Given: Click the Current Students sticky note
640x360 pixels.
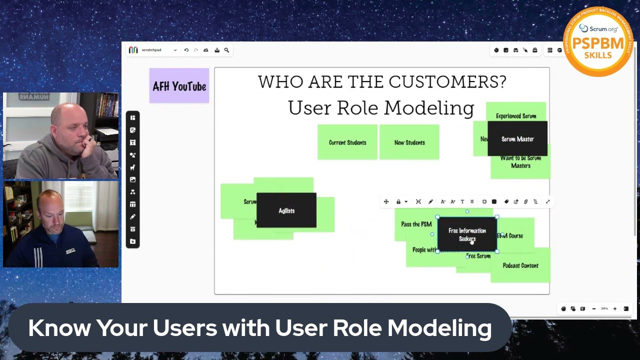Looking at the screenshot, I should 347,142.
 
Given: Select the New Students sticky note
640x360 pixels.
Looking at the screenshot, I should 409,142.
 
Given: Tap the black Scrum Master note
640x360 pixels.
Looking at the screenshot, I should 517,139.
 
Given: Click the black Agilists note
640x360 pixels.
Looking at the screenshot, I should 286,210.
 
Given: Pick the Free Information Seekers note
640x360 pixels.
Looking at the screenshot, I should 467,234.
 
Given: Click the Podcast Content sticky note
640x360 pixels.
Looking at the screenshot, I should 520,266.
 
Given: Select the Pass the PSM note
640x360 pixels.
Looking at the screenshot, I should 415,224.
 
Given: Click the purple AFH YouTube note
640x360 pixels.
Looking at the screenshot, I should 179,86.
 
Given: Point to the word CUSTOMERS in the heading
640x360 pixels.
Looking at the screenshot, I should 447,82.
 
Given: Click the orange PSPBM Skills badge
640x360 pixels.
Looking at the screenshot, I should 598,42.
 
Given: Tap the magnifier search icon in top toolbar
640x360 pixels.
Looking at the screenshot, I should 226,50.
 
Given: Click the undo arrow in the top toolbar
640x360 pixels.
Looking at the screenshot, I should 186,50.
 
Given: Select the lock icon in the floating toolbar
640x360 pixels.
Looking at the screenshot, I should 398,201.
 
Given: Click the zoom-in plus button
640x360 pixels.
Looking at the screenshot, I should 615,309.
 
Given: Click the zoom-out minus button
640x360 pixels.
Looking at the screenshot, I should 594,309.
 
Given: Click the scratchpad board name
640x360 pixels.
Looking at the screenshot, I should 151,50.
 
